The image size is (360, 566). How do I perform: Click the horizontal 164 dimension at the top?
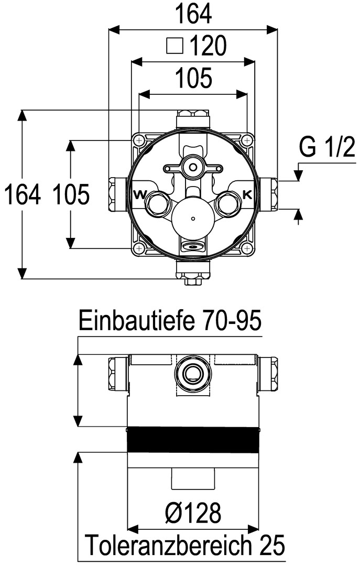pos(193,15)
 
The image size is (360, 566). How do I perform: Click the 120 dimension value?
pos(208,46)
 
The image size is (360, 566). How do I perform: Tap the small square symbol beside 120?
pos(175,46)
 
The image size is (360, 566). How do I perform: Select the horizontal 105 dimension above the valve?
pos(193,78)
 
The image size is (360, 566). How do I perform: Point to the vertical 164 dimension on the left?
pos(22,194)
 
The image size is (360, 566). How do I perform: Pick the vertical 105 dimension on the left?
pos(71,194)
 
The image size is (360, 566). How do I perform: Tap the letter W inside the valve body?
pos(140,195)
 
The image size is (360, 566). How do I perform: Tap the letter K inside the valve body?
pos(247,195)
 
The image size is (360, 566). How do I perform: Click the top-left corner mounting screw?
pos(138,140)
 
